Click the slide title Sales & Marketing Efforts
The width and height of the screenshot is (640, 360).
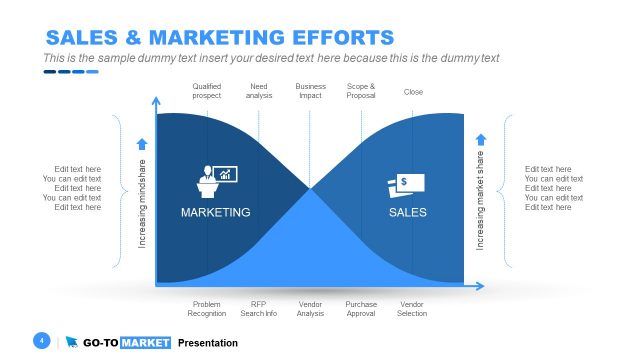click(220, 38)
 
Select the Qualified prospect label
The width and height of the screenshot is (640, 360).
click(207, 92)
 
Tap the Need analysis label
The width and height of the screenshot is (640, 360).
click(259, 92)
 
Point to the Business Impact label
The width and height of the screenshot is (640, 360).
click(310, 92)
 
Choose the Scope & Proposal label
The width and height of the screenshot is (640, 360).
click(361, 92)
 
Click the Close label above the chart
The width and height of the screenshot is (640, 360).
click(413, 92)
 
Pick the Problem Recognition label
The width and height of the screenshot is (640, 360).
click(207, 309)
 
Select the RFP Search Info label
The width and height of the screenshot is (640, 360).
click(258, 309)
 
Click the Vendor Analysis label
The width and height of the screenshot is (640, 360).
click(310, 309)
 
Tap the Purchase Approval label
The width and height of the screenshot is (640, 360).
click(361, 309)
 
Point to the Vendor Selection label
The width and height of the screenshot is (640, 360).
click(413, 309)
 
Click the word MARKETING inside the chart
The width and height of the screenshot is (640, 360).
click(215, 213)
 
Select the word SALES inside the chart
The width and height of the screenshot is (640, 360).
click(407, 213)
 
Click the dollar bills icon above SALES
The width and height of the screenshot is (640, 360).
click(405, 185)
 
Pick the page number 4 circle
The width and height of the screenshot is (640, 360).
click(42, 341)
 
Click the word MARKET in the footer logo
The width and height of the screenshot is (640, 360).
click(144, 343)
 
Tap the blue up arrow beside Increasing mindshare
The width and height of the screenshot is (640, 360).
click(141, 144)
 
